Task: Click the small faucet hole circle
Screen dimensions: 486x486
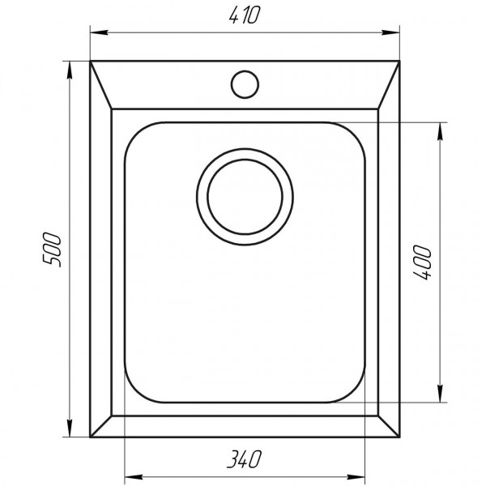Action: point(244,83)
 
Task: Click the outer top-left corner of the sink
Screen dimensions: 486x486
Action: point(89,60)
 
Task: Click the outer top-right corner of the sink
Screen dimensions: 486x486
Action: point(399,60)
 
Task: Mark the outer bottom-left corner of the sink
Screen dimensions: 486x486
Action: point(89,436)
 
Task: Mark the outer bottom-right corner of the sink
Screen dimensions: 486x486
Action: point(399,436)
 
